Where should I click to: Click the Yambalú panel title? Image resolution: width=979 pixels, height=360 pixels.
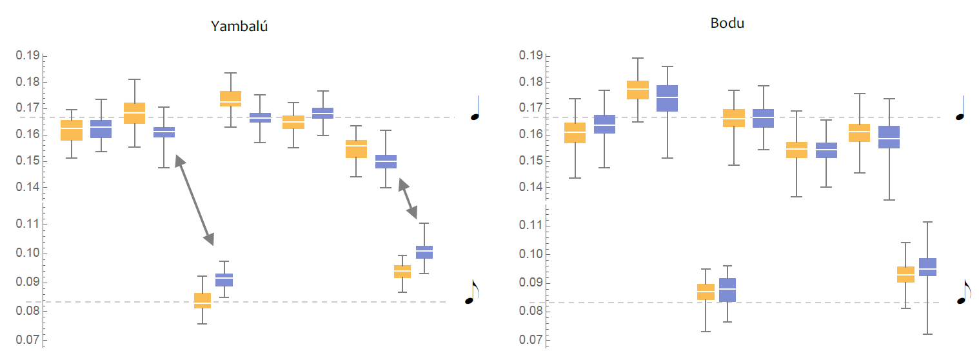click(239, 26)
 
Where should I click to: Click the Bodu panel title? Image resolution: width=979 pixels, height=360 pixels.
click(727, 24)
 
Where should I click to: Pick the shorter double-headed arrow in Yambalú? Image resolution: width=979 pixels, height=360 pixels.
click(408, 198)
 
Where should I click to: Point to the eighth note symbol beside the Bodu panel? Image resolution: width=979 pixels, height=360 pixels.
click(964, 292)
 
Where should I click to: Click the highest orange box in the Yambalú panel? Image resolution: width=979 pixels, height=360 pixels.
click(230, 99)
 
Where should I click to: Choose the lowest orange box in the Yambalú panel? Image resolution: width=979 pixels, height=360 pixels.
click(203, 301)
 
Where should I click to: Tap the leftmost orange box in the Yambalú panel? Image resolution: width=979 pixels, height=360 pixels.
click(72, 130)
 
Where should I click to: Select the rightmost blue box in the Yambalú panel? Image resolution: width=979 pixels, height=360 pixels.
click(424, 252)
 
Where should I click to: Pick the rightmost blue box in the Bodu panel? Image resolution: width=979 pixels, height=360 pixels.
click(927, 267)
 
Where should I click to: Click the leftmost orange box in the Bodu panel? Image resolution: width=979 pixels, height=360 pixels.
click(574, 132)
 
